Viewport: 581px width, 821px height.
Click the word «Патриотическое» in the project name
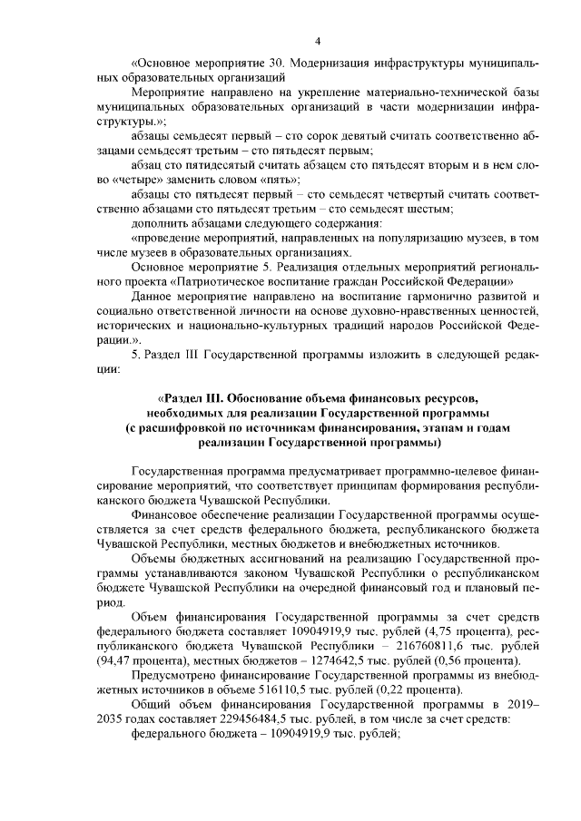click(222, 282)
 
